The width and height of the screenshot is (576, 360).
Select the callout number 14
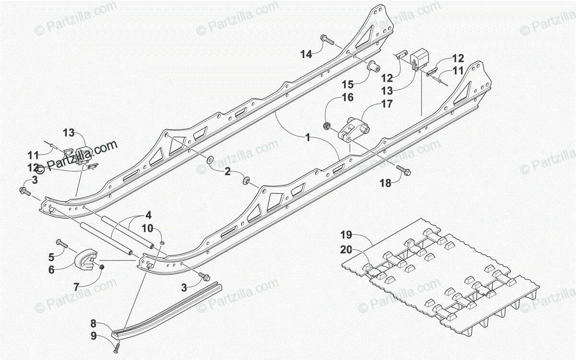(x=306, y=54)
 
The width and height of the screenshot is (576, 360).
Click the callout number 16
(x=348, y=97)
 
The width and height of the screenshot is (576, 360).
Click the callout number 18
(x=385, y=183)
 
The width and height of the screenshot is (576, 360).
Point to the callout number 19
(x=347, y=235)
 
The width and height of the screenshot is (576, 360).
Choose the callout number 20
(x=347, y=250)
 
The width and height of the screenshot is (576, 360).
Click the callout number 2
(x=227, y=170)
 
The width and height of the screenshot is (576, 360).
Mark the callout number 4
(x=148, y=214)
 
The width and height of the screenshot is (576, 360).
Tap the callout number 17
(x=387, y=103)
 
